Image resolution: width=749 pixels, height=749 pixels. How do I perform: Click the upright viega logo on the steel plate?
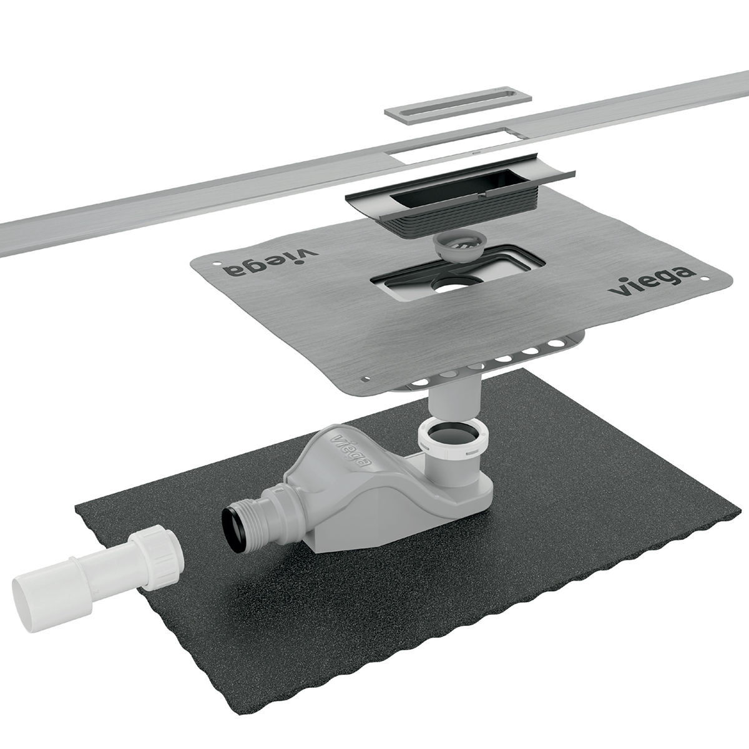(x=652, y=281)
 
